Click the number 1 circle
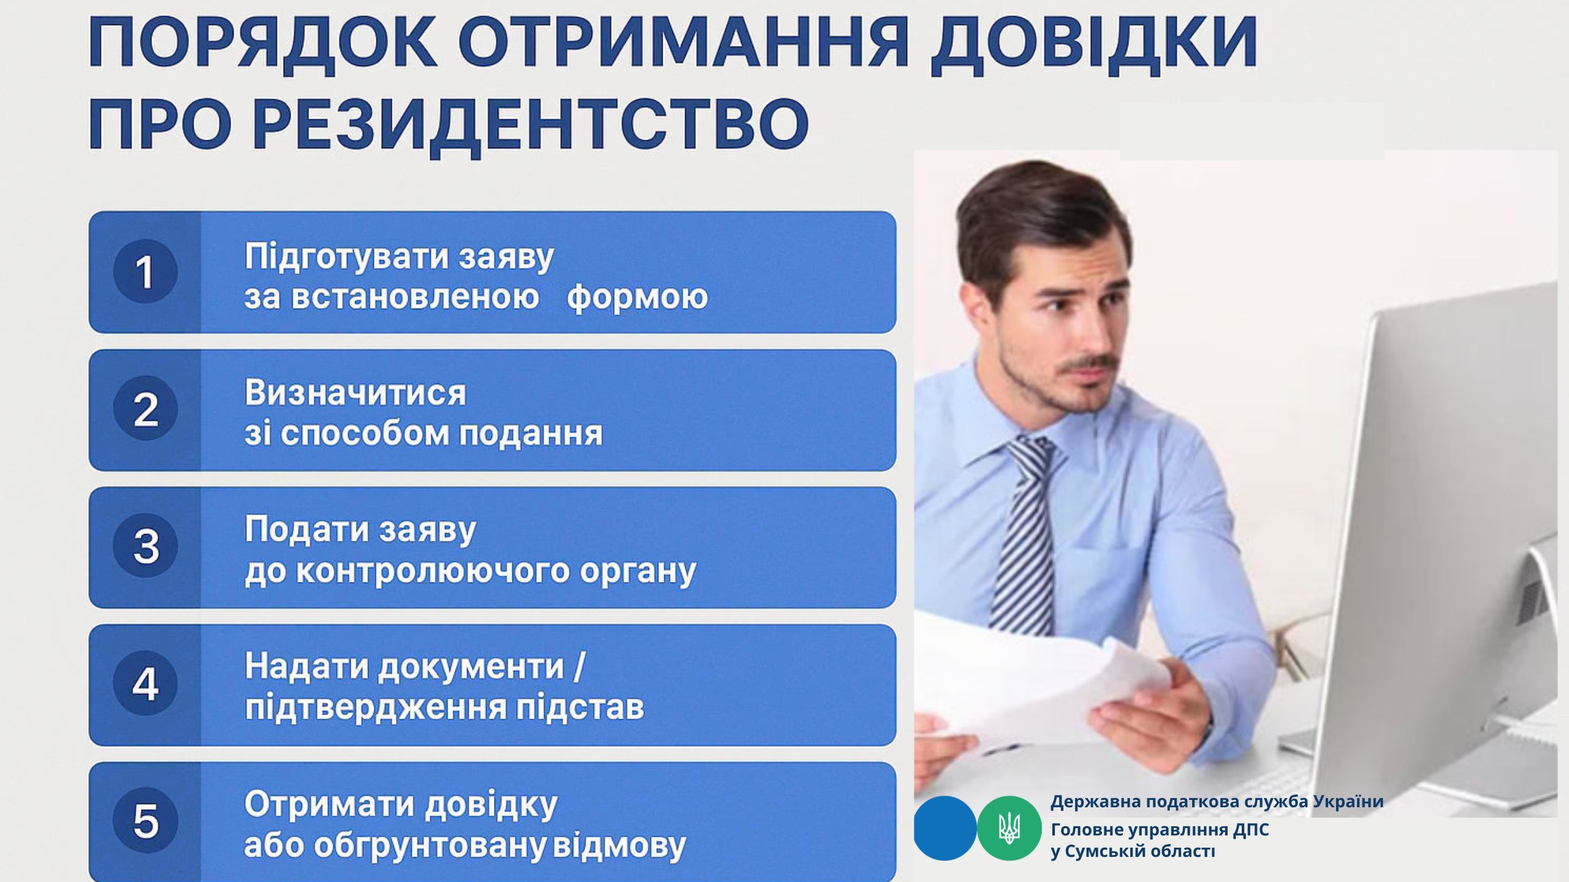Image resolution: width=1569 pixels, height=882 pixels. tap(145, 271)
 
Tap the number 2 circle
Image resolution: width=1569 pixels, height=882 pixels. tap(145, 409)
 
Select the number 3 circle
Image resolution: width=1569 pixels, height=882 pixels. tap(145, 546)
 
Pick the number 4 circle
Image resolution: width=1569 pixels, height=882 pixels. tap(145, 684)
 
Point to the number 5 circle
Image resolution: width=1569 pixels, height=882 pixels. tap(145, 821)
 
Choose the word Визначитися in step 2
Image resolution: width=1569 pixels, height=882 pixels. tap(355, 393)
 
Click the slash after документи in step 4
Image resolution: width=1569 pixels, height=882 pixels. tap(579, 666)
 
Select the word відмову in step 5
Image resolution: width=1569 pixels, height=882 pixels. tap(620, 846)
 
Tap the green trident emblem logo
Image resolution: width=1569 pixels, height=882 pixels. tap(1009, 829)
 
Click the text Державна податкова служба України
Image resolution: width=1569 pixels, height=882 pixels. tap(1217, 802)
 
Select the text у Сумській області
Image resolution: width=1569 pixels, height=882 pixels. tap(1133, 851)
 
